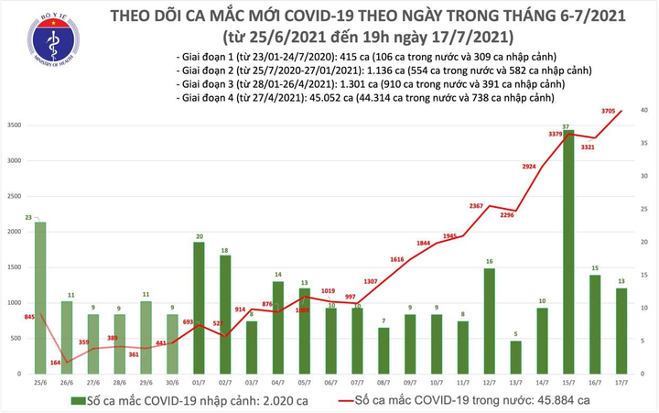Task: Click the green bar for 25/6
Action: (x=40, y=298)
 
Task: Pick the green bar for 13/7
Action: (x=516, y=357)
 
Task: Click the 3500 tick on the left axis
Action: (x=15, y=125)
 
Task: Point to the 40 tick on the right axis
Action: (x=645, y=110)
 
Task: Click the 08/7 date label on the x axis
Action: (x=384, y=381)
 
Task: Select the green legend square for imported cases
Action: (x=81, y=401)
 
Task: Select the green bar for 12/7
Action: (x=490, y=321)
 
